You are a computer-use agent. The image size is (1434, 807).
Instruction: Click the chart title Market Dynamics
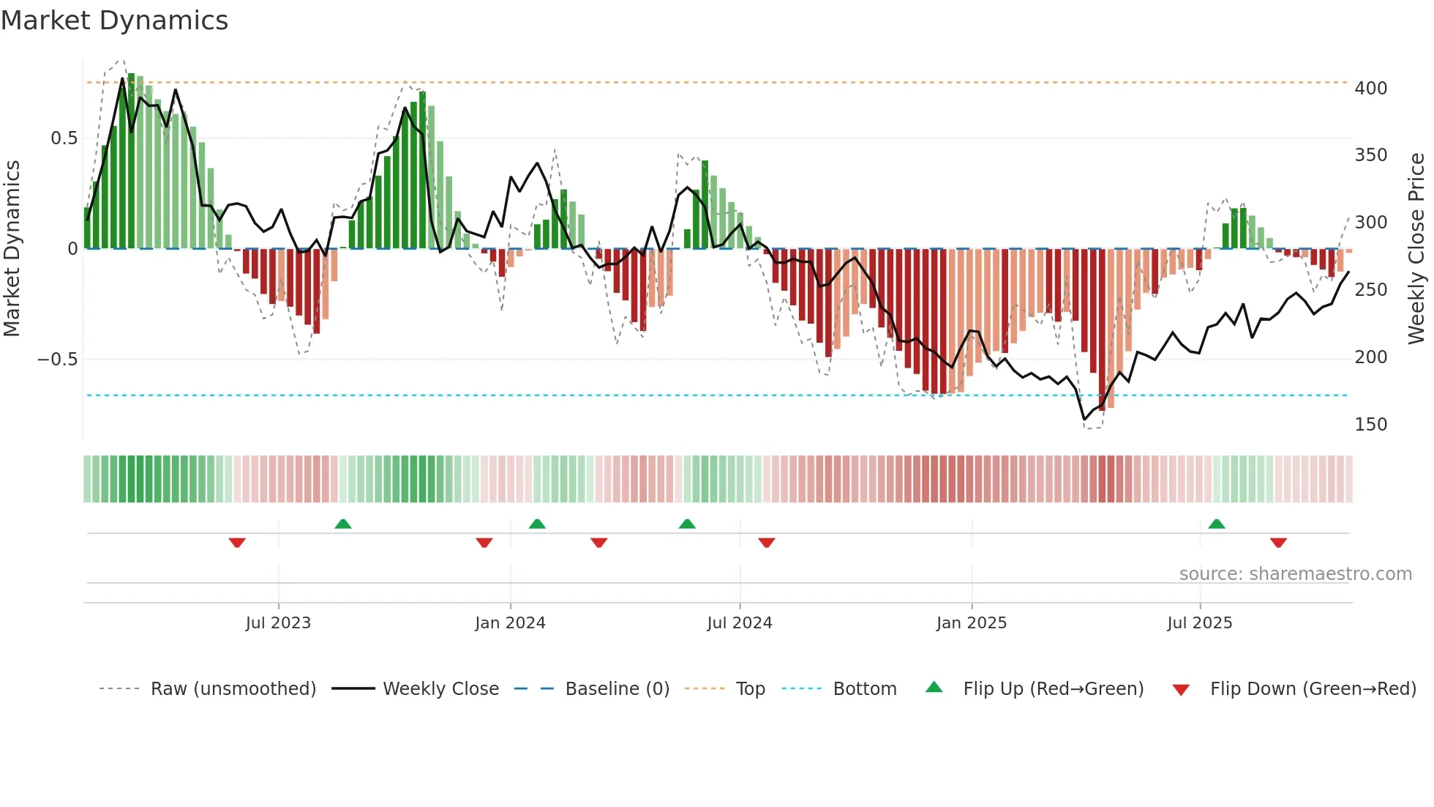[115, 21]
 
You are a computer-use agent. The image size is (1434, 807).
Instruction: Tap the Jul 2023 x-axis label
[278, 623]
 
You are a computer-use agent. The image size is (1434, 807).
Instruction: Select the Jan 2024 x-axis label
[510, 623]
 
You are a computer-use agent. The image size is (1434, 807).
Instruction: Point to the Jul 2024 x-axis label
[740, 623]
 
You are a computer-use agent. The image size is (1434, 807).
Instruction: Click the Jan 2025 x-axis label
[972, 623]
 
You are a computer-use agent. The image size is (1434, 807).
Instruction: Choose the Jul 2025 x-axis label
[1200, 623]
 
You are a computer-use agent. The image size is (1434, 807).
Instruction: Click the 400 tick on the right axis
[1370, 89]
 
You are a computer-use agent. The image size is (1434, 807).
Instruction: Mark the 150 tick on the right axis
[1370, 425]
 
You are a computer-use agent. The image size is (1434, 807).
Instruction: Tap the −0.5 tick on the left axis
[57, 360]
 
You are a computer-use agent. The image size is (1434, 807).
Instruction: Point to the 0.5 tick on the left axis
[64, 138]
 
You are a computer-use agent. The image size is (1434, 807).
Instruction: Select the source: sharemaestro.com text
[1295, 574]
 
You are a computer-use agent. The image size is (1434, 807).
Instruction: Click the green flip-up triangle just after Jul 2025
[1217, 524]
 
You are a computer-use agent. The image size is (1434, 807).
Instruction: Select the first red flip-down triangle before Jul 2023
[237, 543]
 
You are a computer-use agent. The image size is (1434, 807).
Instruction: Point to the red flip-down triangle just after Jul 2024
[767, 543]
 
